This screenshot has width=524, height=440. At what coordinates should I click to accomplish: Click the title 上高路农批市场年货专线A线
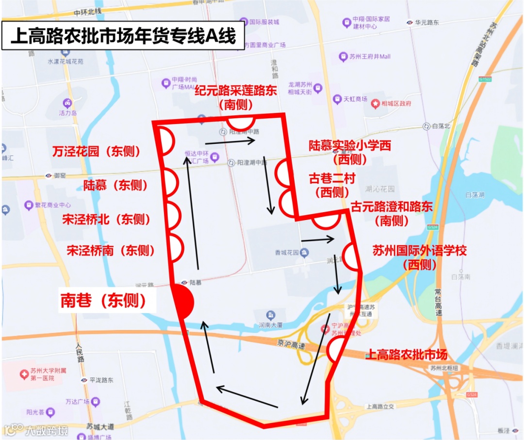tap(123, 36)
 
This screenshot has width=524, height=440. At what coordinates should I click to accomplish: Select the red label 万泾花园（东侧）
tap(96, 152)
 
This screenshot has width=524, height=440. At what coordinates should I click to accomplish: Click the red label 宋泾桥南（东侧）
tap(111, 250)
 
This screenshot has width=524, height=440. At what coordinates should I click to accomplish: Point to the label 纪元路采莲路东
tap(236, 91)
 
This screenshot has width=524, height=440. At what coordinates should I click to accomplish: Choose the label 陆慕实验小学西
tap(350, 145)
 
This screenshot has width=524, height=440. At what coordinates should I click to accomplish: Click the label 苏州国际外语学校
tap(420, 251)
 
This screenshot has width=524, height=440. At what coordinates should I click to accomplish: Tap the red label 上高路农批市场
tap(407, 354)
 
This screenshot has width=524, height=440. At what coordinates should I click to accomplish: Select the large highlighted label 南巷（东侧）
tap(103, 301)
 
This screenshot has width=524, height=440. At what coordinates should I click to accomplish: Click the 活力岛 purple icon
tap(67, 103)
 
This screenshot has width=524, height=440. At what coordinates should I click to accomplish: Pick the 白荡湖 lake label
tap(475, 195)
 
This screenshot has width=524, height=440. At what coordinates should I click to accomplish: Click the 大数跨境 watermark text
tap(47, 430)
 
